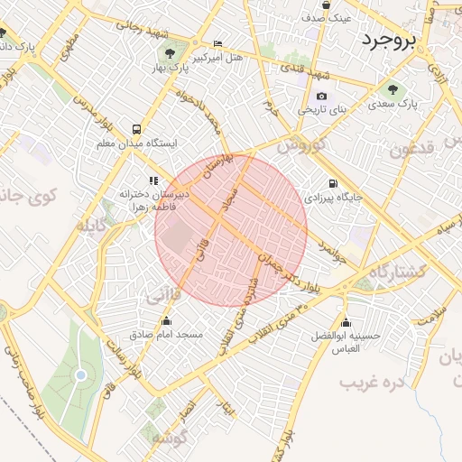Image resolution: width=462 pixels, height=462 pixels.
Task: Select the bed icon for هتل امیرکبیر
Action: (x=217, y=43)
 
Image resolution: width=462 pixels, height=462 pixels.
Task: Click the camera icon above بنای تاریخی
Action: (x=322, y=97)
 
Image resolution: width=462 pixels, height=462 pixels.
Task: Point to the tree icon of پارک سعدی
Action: (x=393, y=88)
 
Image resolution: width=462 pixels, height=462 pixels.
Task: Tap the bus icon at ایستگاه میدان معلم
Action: (x=137, y=129)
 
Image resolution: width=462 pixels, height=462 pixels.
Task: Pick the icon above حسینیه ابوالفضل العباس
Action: (x=346, y=322)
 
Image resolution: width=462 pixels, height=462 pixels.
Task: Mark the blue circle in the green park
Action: (x=81, y=374)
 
